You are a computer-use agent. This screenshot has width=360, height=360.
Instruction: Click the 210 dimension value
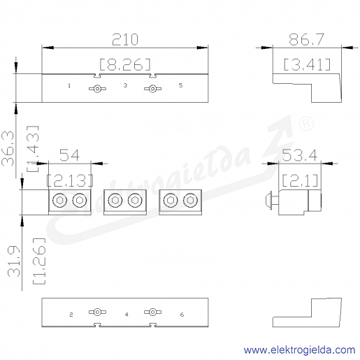125,39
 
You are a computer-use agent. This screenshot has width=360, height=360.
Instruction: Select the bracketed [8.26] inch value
125,64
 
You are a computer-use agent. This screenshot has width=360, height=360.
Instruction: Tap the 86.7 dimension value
306,39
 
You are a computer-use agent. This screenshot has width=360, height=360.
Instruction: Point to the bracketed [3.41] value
307,64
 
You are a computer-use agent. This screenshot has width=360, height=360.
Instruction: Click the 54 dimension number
69,155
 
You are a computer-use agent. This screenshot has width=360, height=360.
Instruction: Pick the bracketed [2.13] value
70,180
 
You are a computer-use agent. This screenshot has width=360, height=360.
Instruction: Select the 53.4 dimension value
300,155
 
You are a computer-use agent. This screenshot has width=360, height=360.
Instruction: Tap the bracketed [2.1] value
300,180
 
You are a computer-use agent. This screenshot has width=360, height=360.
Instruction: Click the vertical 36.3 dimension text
8,149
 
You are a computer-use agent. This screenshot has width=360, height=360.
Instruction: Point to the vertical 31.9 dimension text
14,261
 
